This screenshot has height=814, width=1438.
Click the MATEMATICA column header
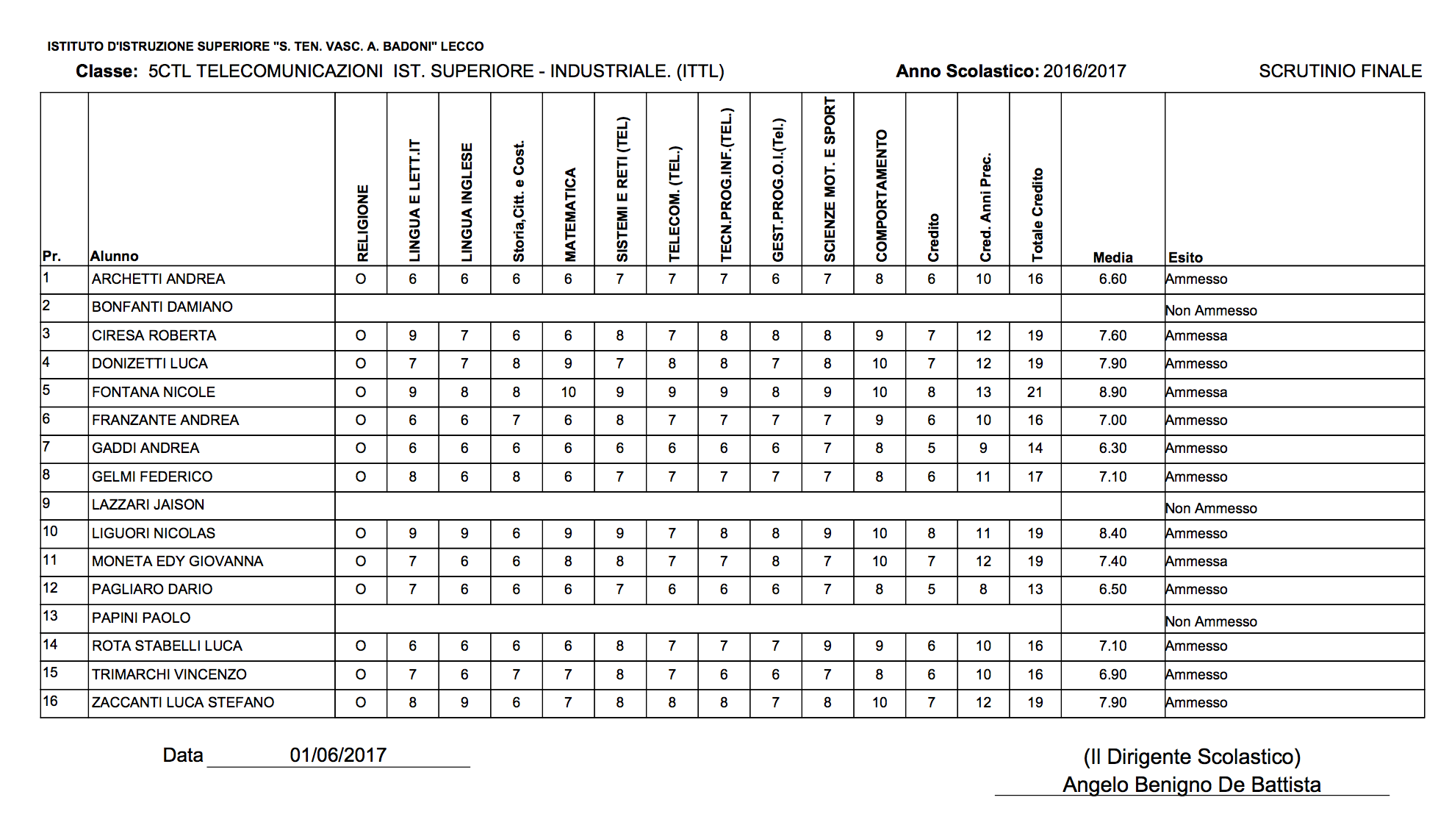click(569, 215)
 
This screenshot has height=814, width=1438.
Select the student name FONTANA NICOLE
click(154, 392)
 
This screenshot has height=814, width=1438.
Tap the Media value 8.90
click(1112, 392)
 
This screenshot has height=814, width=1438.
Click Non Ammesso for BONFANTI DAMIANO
click(1211, 310)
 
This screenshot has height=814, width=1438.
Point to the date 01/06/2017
click(338, 755)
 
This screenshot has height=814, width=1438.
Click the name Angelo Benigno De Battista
click(1191, 785)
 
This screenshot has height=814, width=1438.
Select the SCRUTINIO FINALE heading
click(1340, 71)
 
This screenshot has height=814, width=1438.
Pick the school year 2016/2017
click(1085, 71)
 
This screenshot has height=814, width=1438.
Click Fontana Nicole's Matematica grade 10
click(568, 392)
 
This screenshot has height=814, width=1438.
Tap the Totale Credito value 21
click(1035, 392)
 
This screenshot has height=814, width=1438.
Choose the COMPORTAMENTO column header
click(881, 196)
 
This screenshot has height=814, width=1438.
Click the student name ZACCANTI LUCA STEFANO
click(183, 702)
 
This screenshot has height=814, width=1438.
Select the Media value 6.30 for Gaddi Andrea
click(1112, 448)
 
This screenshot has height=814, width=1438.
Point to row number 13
click(50, 616)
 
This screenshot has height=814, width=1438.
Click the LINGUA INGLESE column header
click(466, 202)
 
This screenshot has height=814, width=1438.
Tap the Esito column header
click(1185, 257)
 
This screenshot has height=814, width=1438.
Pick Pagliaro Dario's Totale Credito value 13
click(1035, 589)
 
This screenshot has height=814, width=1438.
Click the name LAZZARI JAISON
click(148, 504)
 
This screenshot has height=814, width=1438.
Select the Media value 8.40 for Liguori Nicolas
click(1112, 533)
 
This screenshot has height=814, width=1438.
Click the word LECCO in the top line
click(462, 46)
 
